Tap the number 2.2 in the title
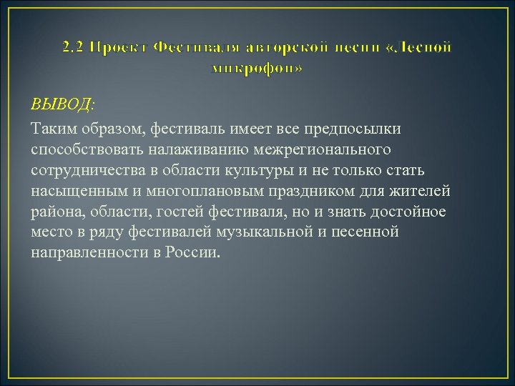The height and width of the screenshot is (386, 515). pos(73,48)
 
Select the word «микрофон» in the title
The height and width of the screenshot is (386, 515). pos(257,69)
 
